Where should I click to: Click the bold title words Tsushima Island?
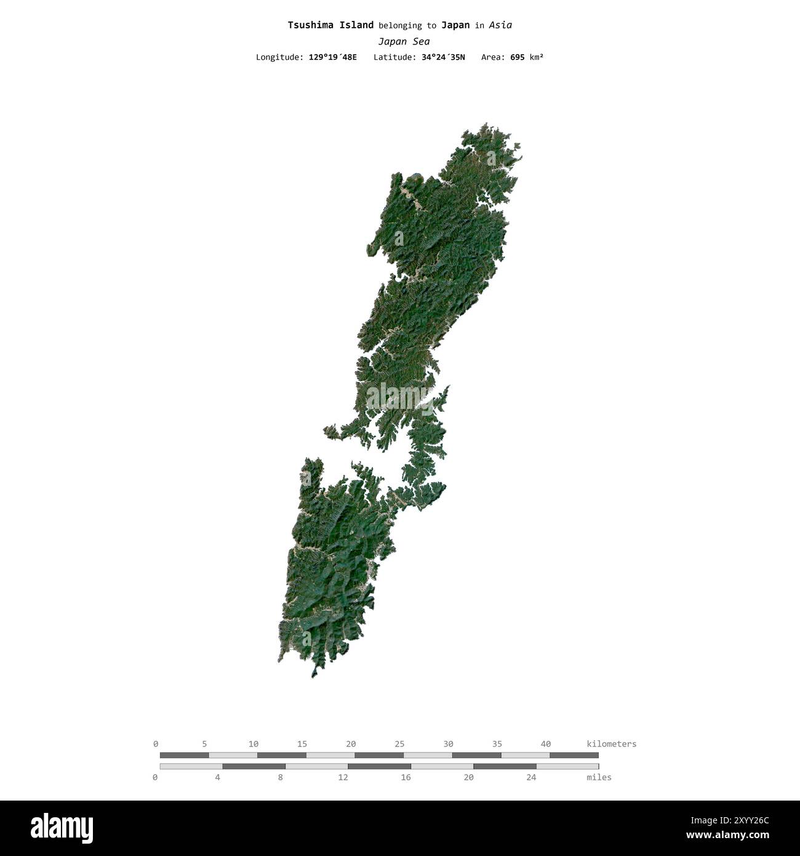[x=330, y=25]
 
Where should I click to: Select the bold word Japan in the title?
[x=455, y=25]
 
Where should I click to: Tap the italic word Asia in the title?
[x=501, y=25]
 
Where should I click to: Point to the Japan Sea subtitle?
[x=404, y=42]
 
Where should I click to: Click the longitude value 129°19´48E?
[x=332, y=57]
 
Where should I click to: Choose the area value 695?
[x=517, y=57]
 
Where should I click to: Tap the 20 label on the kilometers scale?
[x=351, y=744]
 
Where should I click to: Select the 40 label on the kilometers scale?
[x=545, y=744]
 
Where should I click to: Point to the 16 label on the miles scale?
[x=406, y=777]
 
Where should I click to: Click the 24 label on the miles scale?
[x=531, y=777]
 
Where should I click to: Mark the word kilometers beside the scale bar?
[x=612, y=744]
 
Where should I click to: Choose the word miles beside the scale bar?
[x=599, y=777]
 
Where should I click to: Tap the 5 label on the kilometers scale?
[x=204, y=744]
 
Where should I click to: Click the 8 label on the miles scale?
[x=281, y=777]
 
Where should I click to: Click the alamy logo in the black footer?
[x=62, y=828]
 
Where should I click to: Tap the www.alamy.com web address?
[x=727, y=836]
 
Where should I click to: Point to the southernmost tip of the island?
[x=313, y=677]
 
